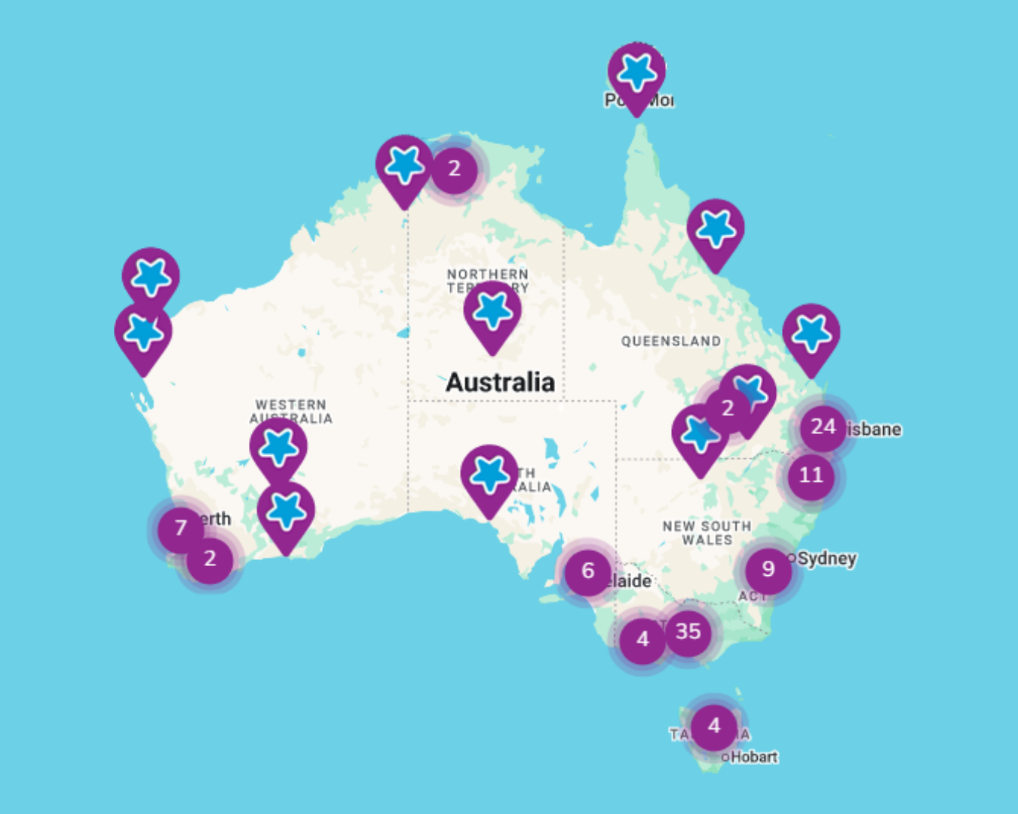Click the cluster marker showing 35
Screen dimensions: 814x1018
coord(688,632)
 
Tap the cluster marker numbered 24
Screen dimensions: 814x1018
coord(823,427)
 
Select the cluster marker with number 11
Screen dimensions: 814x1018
coord(811,476)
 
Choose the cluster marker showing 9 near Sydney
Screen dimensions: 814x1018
coord(768,569)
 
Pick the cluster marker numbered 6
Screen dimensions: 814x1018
coord(587,571)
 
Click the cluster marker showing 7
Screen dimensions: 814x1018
coord(180,528)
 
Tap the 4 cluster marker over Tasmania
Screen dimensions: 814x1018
coord(713,727)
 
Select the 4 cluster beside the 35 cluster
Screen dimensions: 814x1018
coord(642,640)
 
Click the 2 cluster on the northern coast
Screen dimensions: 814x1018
coord(454,169)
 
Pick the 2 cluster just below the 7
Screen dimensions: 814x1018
coord(210,559)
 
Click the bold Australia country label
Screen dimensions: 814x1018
coord(500,383)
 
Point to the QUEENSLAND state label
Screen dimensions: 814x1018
coord(670,341)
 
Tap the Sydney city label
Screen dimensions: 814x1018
coord(826,558)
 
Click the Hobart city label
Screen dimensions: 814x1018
coord(753,757)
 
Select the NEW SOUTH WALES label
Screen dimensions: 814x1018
coord(707,533)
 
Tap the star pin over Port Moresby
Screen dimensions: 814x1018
coord(637,73)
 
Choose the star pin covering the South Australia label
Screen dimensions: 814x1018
coord(489,476)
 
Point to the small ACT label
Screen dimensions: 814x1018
coord(751,596)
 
